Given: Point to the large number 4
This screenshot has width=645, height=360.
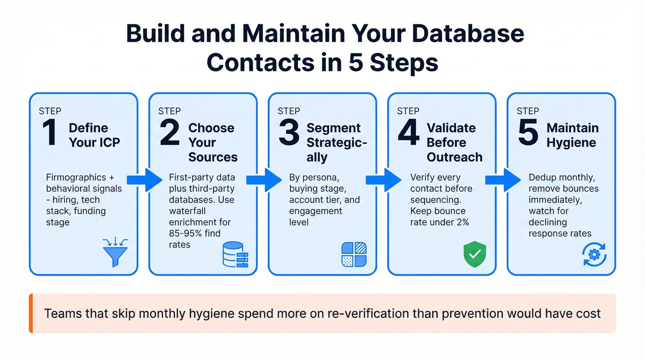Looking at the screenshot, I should click(x=409, y=133).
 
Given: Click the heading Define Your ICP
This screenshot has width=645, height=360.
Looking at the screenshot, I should click(x=94, y=135).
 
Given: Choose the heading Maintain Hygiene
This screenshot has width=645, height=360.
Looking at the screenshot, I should click(x=573, y=135).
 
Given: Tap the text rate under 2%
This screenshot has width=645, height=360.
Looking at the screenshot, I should click(x=440, y=222).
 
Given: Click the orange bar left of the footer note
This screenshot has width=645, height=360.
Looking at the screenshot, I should click(x=31, y=313).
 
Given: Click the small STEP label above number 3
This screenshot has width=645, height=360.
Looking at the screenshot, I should click(x=289, y=111).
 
